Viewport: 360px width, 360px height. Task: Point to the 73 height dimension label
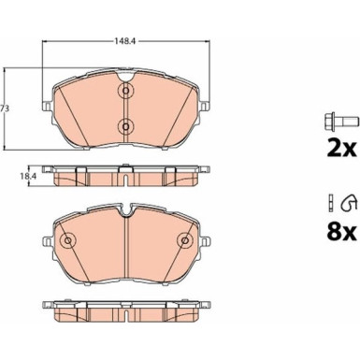click(4, 108)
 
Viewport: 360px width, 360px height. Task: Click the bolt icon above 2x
click(339, 120)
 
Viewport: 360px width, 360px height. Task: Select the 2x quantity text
click(340, 149)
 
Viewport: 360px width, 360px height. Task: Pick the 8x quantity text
click(340, 232)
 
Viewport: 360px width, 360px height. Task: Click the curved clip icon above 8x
click(349, 202)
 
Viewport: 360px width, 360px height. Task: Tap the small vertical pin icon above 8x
click(332, 202)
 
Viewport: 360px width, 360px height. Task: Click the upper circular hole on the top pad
click(125, 91)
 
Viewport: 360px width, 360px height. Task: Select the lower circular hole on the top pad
click(125, 126)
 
